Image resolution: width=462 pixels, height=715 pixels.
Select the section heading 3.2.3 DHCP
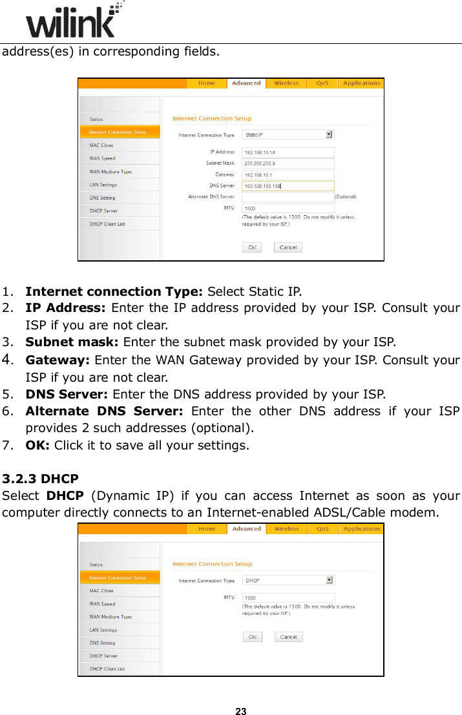tap(41, 479)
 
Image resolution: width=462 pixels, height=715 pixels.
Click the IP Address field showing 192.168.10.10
tap(288, 152)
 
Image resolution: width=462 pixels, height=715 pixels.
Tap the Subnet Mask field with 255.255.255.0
tap(288, 163)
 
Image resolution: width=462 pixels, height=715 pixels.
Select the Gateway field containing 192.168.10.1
tap(288, 174)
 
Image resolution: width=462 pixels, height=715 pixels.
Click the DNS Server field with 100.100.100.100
tap(288, 186)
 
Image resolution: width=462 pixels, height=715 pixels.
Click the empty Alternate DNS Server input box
tap(288, 196)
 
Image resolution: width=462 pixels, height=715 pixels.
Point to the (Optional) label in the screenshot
tap(345, 196)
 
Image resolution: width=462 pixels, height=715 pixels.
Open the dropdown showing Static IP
tap(288, 134)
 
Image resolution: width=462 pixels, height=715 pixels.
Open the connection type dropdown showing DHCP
tap(288, 580)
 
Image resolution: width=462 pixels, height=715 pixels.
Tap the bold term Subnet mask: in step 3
tap(72, 342)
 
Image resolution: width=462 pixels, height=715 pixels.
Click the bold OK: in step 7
tap(38, 445)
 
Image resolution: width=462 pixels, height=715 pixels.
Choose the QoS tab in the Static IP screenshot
tap(322, 83)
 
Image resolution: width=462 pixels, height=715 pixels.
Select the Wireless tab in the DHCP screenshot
tap(286, 529)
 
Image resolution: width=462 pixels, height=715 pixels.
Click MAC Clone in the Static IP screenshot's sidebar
tap(101, 145)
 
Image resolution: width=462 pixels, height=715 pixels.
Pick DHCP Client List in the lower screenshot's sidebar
tap(107, 669)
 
